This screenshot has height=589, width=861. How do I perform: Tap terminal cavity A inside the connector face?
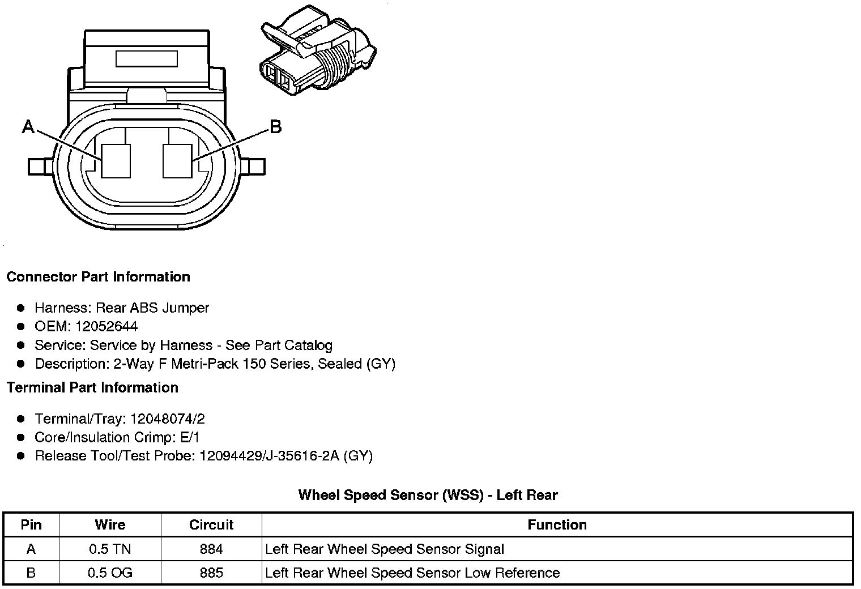pos(116,161)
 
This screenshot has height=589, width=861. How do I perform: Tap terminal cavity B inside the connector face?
pos(177,161)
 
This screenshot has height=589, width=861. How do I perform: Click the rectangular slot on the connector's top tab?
pos(147,59)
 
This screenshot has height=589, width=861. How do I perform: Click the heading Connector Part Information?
pos(98,277)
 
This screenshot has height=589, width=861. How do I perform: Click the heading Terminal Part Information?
pos(92,387)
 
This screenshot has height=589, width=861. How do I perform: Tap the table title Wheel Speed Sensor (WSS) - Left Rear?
pos(428,495)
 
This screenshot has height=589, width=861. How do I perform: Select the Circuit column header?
pos(211,525)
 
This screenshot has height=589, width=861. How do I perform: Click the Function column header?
pos(557,525)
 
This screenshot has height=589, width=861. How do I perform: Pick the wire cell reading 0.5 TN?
pos(110,549)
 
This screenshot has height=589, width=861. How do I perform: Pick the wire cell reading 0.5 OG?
pos(110,573)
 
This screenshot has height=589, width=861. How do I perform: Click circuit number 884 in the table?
pos(211,549)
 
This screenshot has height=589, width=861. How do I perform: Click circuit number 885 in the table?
pos(211,573)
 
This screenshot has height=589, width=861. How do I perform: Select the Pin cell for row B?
pos(31,573)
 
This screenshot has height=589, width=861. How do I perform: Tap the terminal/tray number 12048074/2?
pos(167,419)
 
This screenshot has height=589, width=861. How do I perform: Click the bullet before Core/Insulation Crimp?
pos(21,437)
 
